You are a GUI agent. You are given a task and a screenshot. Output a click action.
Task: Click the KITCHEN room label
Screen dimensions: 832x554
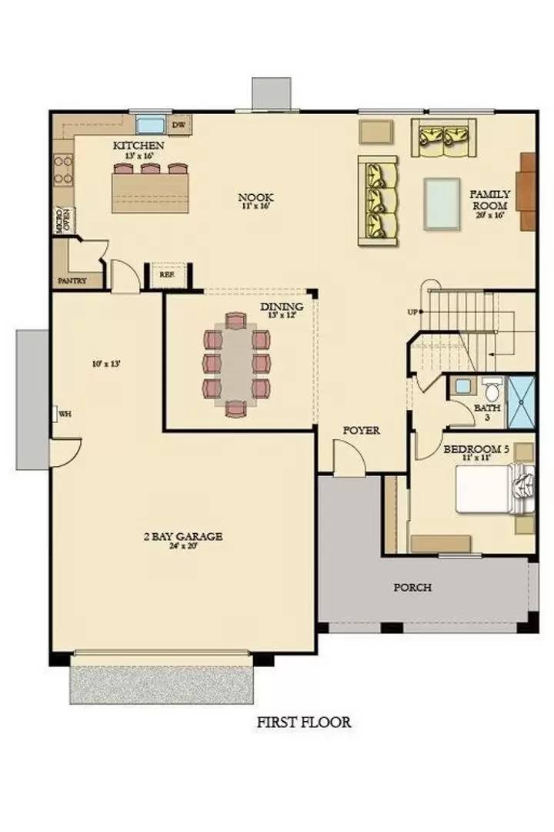pos(138,145)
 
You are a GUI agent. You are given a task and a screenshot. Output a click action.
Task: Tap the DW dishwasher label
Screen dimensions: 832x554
pos(179,124)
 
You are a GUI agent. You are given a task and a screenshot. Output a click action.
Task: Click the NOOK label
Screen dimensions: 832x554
pos(255,197)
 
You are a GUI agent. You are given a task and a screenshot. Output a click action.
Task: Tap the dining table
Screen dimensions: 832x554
pos(237,362)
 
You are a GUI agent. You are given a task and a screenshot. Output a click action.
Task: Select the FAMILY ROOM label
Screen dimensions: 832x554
pos(489,200)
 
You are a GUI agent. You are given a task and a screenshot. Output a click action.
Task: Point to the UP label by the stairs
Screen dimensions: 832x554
pos(413,312)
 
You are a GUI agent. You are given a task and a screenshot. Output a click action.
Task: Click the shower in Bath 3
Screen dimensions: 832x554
pos(522,401)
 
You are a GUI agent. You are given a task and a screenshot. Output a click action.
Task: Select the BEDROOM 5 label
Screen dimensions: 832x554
pos(477,449)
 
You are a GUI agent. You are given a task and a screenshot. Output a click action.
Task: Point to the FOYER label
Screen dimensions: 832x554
pos(362,431)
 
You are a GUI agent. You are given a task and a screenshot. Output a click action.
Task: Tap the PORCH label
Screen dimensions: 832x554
pos(412,587)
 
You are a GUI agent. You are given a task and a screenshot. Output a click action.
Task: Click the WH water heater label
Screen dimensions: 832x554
pos(65,414)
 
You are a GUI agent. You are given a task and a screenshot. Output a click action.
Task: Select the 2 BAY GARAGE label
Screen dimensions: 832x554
pos(183,536)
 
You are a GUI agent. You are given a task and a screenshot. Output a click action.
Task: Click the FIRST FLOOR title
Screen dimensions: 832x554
pos(304,722)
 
